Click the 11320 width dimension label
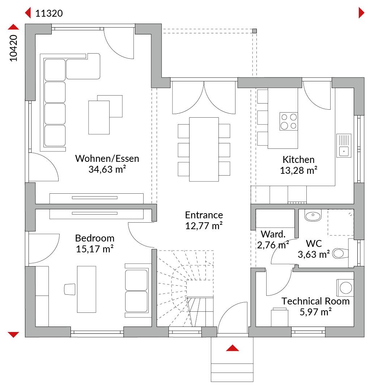pos(49,13)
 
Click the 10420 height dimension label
pos(13,48)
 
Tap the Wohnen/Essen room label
pos(107,159)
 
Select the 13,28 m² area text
pos(298,171)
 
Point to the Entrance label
pos(204,215)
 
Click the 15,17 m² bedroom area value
pos(95,249)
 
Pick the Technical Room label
pos(315,301)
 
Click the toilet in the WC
pos(340,253)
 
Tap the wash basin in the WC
pos(313,215)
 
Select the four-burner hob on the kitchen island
pos(289,121)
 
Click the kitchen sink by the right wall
pos(344,146)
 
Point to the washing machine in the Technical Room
pos(345,288)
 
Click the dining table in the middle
pos(204,150)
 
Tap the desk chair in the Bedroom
pos(70,289)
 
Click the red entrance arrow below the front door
pos(233,348)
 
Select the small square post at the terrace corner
pos(254,31)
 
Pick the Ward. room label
pos(273,234)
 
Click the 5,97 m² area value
pos(315,312)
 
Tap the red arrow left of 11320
pos(28,13)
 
